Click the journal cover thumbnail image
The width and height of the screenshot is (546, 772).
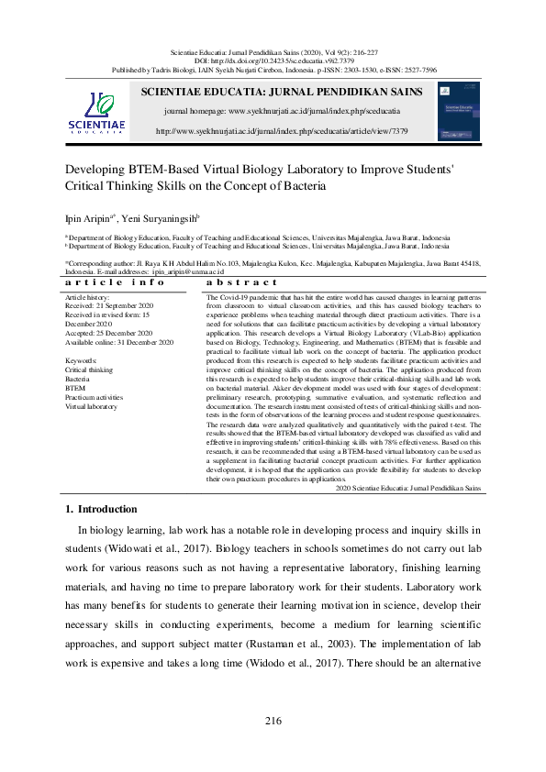pyautogui.click(x=459, y=112)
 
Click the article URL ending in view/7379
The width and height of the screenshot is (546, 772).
pyautogui.click(x=282, y=131)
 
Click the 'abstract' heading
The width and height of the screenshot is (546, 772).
pyautogui.click(x=242, y=282)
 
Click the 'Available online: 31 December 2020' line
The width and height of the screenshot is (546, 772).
pyautogui.click(x=118, y=342)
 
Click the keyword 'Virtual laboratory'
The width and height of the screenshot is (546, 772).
pyautogui.click(x=91, y=405)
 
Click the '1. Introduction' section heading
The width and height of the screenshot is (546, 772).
pyautogui.click(x=102, y=509)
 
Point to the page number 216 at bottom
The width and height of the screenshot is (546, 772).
pyautogui.click(x=273, y=721)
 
